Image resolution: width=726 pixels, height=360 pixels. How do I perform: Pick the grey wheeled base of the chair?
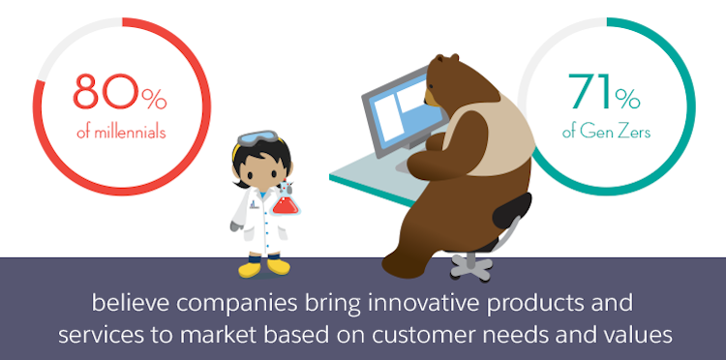pos(472,262)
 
